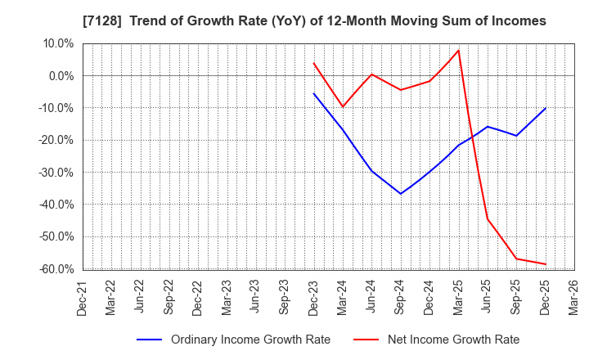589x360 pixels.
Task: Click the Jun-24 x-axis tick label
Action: point(371,296)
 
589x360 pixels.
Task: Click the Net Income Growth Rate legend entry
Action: point(453,340)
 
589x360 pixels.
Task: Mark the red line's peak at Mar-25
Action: point(458,51)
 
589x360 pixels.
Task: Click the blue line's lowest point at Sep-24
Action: point(401,194)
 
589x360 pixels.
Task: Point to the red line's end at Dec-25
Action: point(546,264)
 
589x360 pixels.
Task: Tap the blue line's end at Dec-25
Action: point(546,108)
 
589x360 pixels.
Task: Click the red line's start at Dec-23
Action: point(314,63)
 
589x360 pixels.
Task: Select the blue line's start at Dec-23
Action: point(314,93)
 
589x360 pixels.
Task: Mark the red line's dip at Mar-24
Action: point(343,107)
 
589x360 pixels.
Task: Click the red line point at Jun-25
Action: point(488,218)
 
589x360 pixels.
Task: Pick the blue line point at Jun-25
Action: point(488,126)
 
